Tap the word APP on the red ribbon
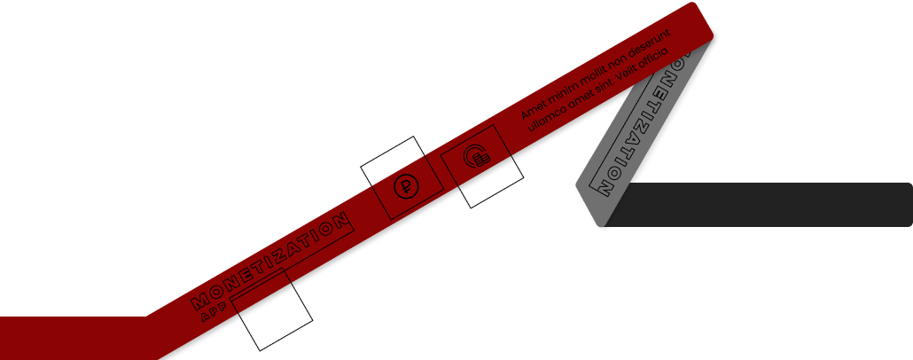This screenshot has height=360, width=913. (214, 313)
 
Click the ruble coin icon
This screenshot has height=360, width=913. (405, 187)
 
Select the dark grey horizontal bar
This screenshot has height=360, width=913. (762, 204)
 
